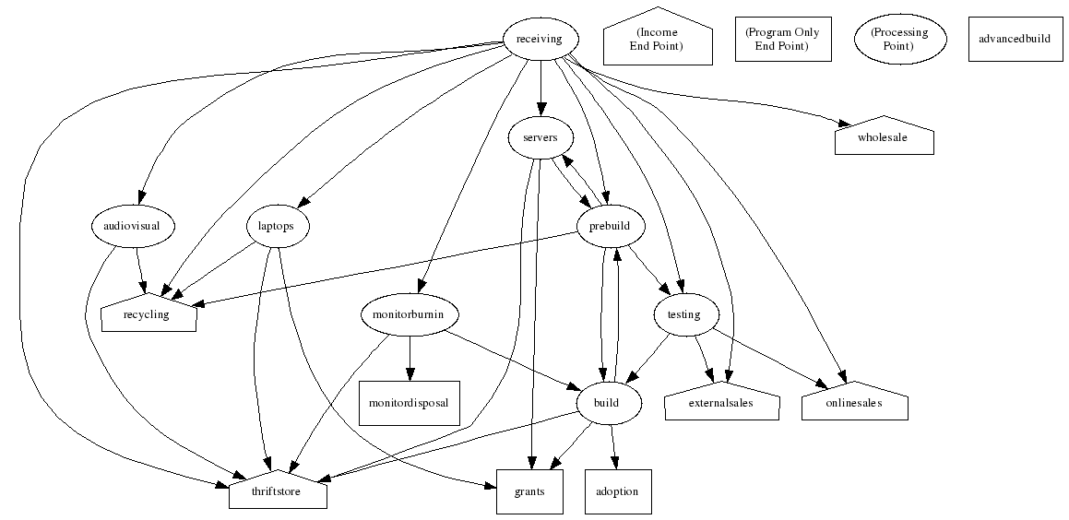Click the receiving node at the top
pyautogui.click(x=540, y=39)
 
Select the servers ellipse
pyautogui.click(x=540, y=138)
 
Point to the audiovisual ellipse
pyautogui.click(x=134, y=226)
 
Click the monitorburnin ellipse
pyautogui.click(x=410, y=315)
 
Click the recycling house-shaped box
pyautogui.click(x=148, y=314)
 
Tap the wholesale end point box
pyautogui.click(x=884, y=137)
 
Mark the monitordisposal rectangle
pyautogui.click(x=410, y=403)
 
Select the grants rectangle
pyautogui.click(x=529, y=491)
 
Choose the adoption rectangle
pyautogui.click(x=618, y=491)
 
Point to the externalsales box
pyautogui.click(x=722, y=403)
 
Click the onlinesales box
pyautogui.click(x=855, y=403)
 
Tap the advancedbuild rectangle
pyautogui.click(x=1014, y=39)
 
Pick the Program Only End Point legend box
pyautogui.click(x=782, y=39)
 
